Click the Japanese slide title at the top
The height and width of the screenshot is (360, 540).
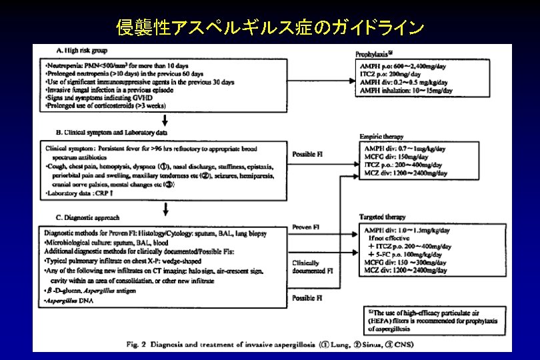(270, 27)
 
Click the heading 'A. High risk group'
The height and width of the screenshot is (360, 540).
(81, 51)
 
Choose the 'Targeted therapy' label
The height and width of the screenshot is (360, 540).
(384, 217)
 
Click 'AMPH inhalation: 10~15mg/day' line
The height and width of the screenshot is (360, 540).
(406, 90)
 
